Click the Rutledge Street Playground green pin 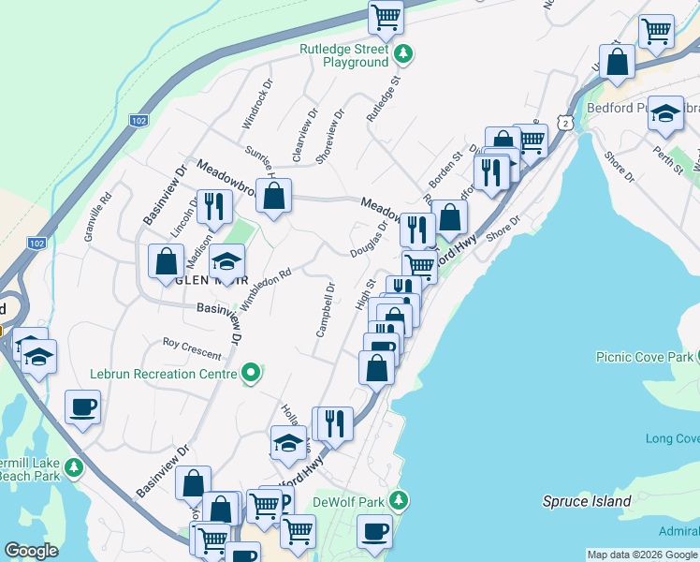(x=403, y=54)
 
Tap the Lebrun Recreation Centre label (x=164, y=374)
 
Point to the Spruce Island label (x=587, y=501)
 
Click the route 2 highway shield (x=563, y=123)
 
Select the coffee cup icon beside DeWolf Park (x=374, y=531)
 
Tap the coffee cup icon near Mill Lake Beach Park (x=82, y=407)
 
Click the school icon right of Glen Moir (x=226, y=261)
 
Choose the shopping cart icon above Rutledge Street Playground (x=386, y=16)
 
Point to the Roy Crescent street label (x=192, y=348)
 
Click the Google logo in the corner (x=31, y=551)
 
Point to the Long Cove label (x=672, y=438)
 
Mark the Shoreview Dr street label (x=328, y=136)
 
